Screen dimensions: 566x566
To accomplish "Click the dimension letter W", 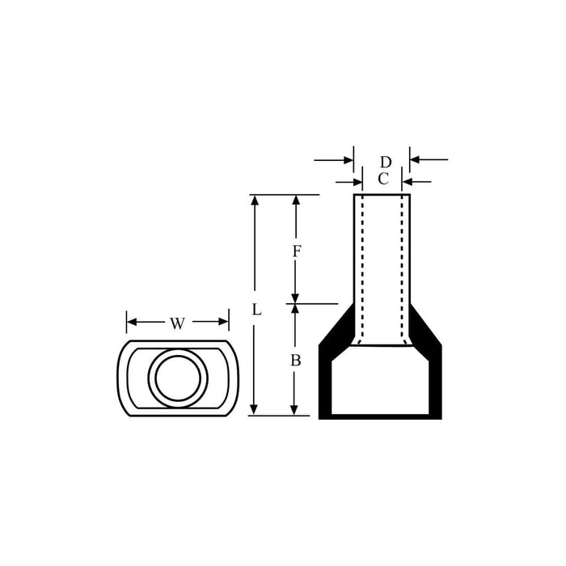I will [178, 323].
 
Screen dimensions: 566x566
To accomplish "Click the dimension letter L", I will [256, 310].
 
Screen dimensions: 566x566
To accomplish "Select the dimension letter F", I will [296, 251].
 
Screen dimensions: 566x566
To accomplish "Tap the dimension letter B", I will [295, 361].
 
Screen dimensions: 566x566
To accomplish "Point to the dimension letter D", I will [386, 162].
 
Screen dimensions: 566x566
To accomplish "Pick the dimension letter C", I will [383, 179].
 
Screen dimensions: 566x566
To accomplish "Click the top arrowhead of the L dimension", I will [255, 201].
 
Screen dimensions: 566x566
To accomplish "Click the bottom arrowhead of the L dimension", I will [255, 409].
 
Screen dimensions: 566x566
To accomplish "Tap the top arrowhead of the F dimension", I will [296, 201].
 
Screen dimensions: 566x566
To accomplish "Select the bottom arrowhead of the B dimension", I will [295, 409].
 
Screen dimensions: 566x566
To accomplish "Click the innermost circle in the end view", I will [177, 378].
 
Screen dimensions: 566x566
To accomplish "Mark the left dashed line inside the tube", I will [363, 267].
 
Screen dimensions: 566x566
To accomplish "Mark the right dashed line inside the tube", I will [402, 267].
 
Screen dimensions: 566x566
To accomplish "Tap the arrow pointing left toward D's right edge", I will [416, 159].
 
